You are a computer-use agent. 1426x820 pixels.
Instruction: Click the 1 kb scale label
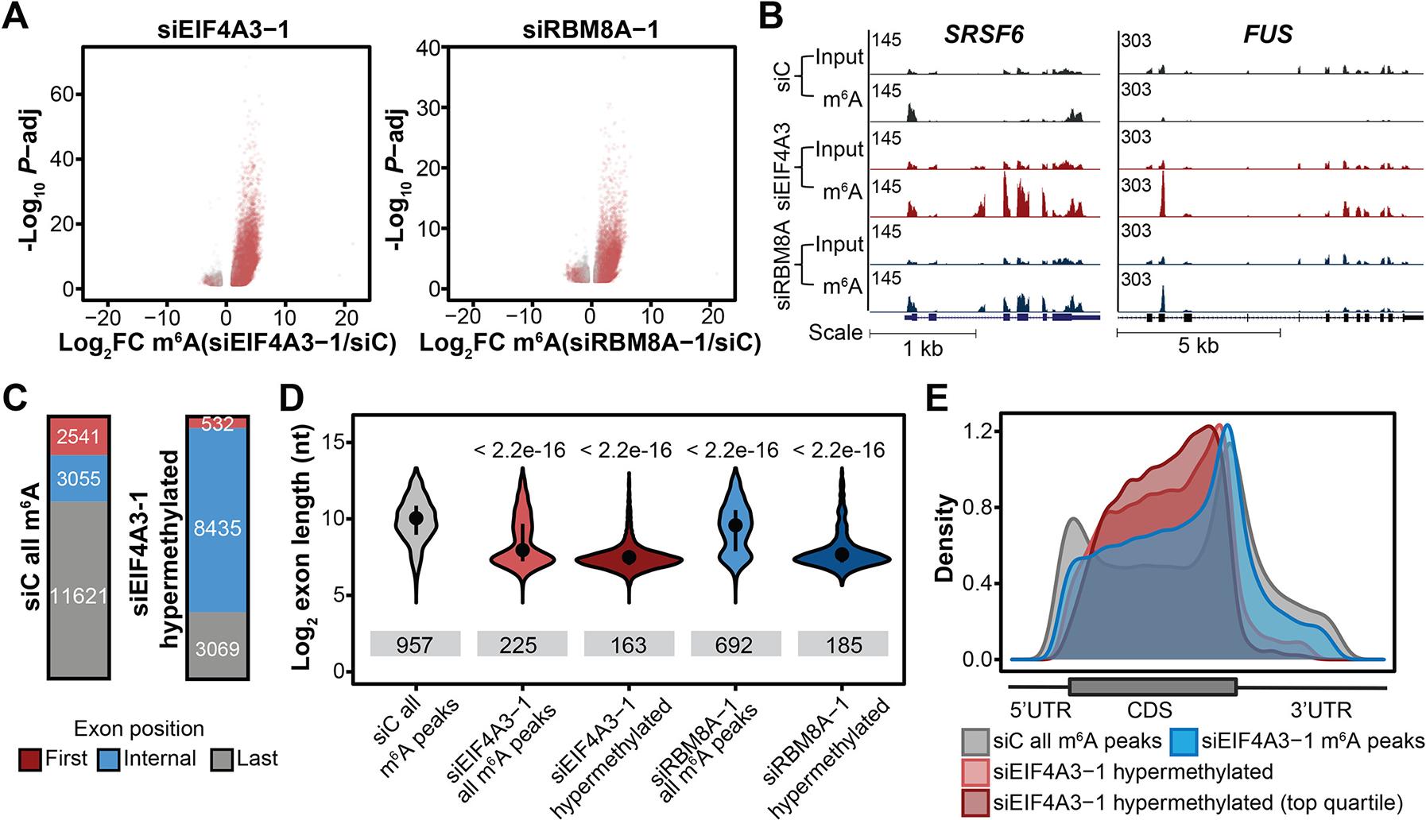click(x=923, y=347)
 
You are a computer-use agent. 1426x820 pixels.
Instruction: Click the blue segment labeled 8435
click(x=217, y=528)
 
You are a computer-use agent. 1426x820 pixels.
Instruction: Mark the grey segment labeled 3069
click(x=217, y=649)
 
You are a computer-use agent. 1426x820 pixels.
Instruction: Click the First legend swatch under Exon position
click(x=30, y=760)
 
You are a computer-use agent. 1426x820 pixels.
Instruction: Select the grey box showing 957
click(x=415, y=644)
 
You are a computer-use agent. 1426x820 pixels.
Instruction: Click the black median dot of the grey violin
click(x=416, y=518)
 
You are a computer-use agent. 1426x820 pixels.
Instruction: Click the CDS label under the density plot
click(x=1149, y=709)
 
